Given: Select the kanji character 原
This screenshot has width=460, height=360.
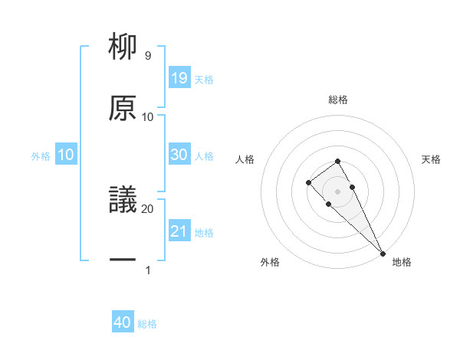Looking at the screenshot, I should coord(123,108).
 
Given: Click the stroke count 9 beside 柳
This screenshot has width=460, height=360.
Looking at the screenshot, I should coord(147,56).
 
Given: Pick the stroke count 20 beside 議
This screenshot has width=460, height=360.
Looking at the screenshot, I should coord(147,208).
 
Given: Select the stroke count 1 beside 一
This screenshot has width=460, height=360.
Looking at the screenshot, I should coord(147,269).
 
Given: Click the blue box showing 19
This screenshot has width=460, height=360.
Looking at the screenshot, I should coord(179,77).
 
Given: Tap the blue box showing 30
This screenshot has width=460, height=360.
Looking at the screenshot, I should coord(179,154).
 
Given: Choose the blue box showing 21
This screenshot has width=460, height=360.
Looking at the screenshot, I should coord(179,231).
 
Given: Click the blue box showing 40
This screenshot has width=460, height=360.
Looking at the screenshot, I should coord(123,322).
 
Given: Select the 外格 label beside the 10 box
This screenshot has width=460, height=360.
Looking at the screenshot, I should coord(41,155).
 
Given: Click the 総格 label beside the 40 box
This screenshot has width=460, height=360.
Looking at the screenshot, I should coord(147,324).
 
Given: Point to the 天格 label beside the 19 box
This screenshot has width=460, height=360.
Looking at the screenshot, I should coord(204,79).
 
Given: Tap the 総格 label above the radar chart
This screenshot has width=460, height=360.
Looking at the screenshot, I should coord(337,100).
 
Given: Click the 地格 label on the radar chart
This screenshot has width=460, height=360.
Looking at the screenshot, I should coord(401,262).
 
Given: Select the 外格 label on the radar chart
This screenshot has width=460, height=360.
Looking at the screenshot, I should coord(270,262).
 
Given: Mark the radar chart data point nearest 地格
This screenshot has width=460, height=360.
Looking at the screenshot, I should coord(383,254).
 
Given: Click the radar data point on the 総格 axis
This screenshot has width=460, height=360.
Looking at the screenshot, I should coord(337,161).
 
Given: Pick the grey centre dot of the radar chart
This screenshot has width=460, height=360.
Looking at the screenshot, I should coord(337,191).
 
